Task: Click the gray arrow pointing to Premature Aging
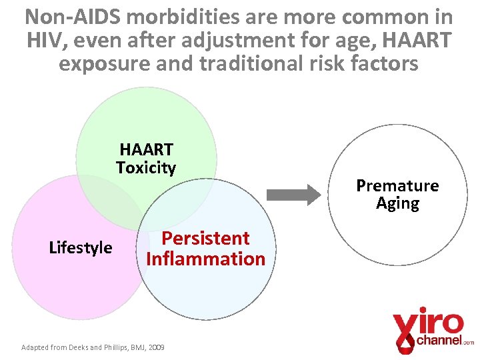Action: tap(293, 195)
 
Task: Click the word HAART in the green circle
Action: tap(146, 149)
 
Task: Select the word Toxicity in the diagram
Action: tap(146, 167)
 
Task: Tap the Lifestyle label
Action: tap(81, 248)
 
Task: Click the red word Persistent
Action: tap(205, 238)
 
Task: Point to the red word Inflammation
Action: tap(205, 259)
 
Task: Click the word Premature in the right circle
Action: tap(397, 185)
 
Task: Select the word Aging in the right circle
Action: tap(397, 203)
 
